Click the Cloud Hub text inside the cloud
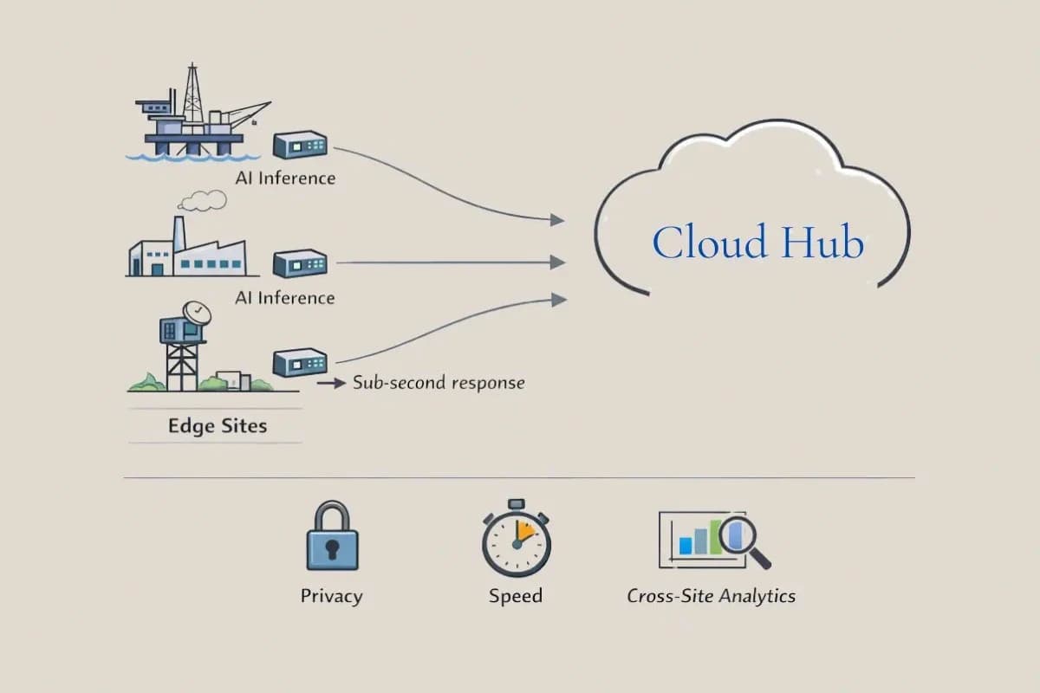[757, 242]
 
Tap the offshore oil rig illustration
[198, 113]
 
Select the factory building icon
[188, 247]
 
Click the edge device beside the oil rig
[300, 145]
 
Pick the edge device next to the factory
[300, 263]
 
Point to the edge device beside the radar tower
[300, 362]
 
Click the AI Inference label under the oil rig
[285, 178]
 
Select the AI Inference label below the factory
[285, 298]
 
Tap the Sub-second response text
[439, 383]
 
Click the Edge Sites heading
[218, 425]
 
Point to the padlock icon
[333, 535]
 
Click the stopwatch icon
[517, 537]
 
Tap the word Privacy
[331, 596]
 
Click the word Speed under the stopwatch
[516, 596]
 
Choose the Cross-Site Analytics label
[711, 596]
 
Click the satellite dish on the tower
[197, 314]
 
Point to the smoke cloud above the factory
[203, 200]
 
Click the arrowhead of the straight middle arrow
[557, 262]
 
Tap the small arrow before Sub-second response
[331, 384]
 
